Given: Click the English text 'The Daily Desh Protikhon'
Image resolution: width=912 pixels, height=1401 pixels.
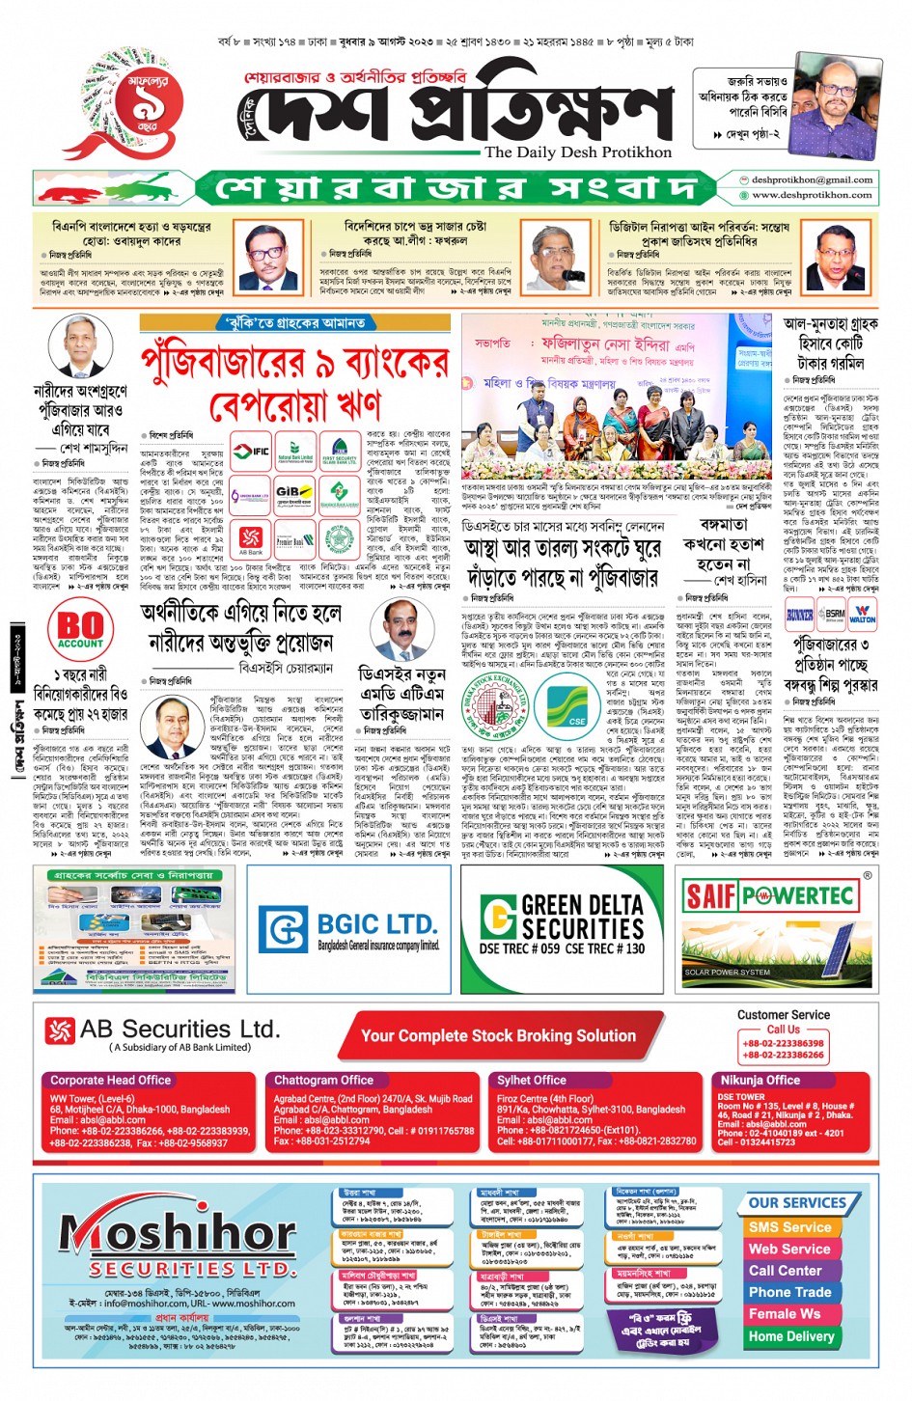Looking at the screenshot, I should (x=578, y=152).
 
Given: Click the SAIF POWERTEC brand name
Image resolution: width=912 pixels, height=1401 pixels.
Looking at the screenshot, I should (x=769, y=895).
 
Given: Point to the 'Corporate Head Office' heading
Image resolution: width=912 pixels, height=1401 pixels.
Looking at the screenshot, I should (x=110, y=1080).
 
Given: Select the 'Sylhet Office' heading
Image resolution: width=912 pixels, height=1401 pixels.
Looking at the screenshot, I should (x=532, y=1080).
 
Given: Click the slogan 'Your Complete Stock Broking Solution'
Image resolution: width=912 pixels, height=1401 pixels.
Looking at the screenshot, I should (x=498, y=1035).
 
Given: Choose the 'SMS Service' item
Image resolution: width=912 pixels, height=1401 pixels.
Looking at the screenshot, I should (x=789, y=1227).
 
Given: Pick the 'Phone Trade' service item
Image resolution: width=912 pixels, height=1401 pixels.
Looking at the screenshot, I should (x=789, y=1292).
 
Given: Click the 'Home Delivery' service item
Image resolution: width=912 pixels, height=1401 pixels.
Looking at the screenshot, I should (x=790, y=1336).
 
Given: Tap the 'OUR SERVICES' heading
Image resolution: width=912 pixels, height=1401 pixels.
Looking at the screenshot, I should (x=797, y=1203).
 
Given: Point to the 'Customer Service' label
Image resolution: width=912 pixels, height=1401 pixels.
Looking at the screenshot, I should (x=783, y=1015).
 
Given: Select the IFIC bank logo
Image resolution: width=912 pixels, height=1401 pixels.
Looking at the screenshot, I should (x=254, y=451).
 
